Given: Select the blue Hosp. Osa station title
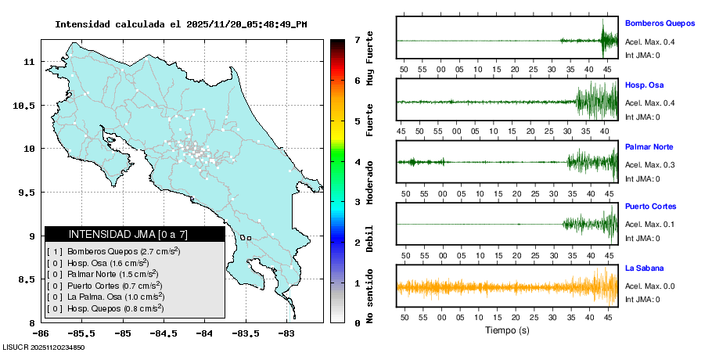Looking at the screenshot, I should click(x=644, y=85).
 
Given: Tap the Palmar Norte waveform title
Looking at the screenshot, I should click(x=649, y=146).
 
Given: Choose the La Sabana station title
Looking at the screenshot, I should click(x=645, y=268).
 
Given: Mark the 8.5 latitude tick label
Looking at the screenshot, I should click(x=26, y=279).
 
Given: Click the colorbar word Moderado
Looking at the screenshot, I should click(x=370, y=182).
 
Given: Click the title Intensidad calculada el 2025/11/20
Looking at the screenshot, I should click(x=181, y=24).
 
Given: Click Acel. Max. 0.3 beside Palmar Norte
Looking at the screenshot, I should click(x=649, y=164).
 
